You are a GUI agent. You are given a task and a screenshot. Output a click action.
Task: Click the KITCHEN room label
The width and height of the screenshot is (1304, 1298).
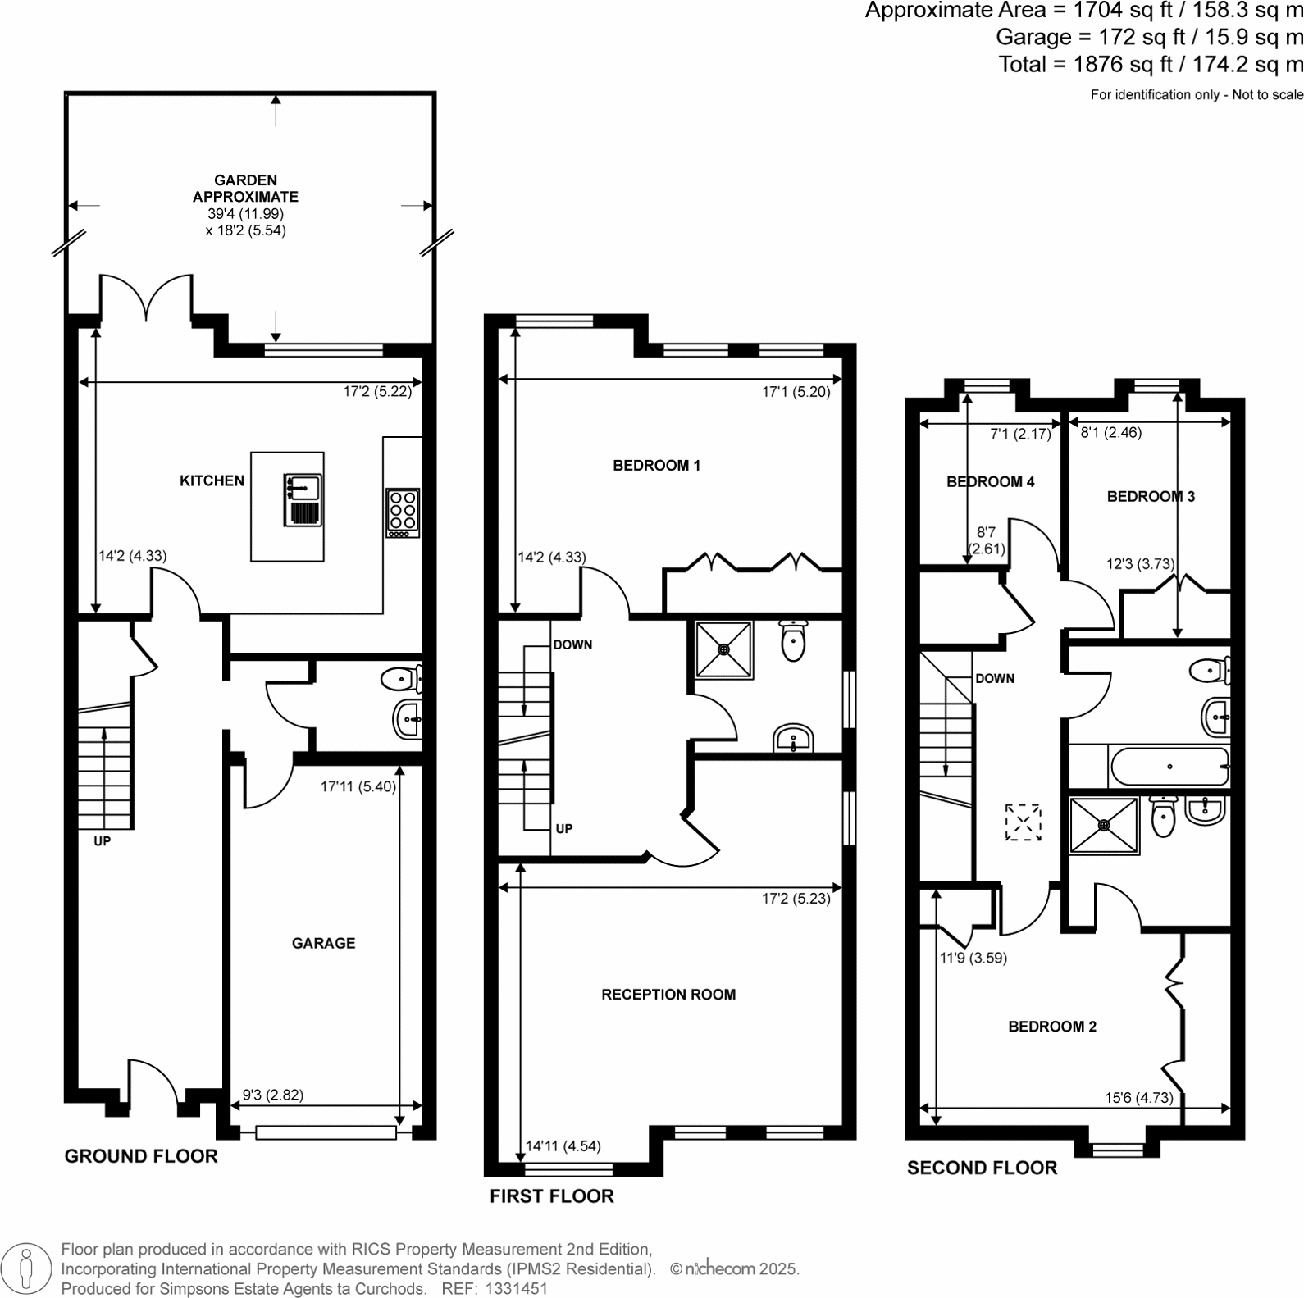212,480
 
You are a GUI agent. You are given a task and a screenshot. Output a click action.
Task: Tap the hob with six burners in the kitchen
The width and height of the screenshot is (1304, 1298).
403,512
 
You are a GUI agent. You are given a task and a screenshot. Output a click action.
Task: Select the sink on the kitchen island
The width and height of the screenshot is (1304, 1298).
303,488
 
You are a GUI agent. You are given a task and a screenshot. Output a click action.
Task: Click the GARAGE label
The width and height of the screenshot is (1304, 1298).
323,943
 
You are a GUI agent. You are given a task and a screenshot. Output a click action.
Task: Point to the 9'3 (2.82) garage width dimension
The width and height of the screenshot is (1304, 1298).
273,1095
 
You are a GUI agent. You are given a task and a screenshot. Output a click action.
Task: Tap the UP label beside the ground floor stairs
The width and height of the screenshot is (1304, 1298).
102,841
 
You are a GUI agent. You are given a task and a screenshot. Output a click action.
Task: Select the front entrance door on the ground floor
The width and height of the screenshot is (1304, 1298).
153,1084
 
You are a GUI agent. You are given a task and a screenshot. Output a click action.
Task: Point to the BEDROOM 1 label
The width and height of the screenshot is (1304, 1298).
656,465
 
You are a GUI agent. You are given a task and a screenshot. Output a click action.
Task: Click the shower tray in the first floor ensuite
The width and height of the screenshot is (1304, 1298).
724,649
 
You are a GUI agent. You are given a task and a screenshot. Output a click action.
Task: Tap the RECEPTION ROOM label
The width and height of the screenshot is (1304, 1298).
668,995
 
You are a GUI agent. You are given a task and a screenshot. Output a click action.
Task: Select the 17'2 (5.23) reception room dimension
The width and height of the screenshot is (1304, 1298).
796,899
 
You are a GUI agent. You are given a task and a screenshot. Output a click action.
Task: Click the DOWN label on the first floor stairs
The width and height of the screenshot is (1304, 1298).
572,644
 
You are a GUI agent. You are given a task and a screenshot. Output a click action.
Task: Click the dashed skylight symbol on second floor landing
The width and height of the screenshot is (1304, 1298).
1024,822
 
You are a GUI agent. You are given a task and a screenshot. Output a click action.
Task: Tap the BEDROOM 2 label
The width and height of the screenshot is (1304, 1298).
1052,1027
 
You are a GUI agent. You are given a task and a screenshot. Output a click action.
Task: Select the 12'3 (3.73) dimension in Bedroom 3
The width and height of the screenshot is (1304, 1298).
1140,564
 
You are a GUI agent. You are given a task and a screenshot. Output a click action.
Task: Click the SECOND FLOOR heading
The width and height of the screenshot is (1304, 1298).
982,1168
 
